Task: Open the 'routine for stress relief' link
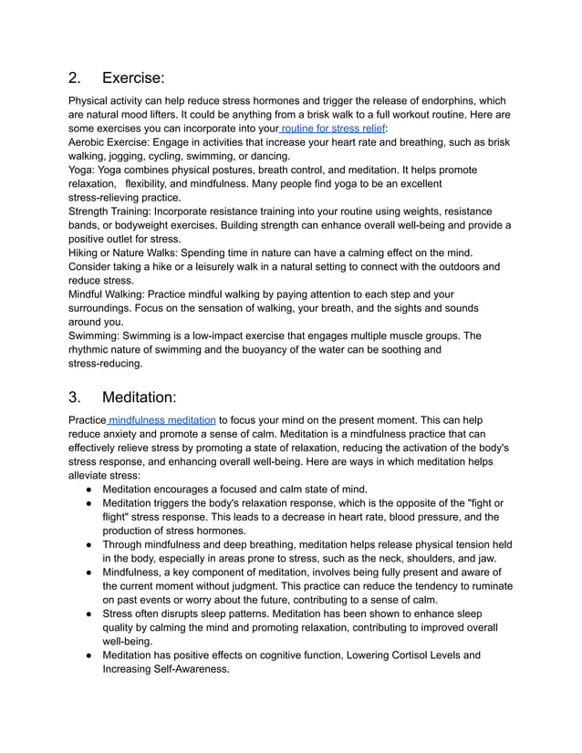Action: coord(333,129)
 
